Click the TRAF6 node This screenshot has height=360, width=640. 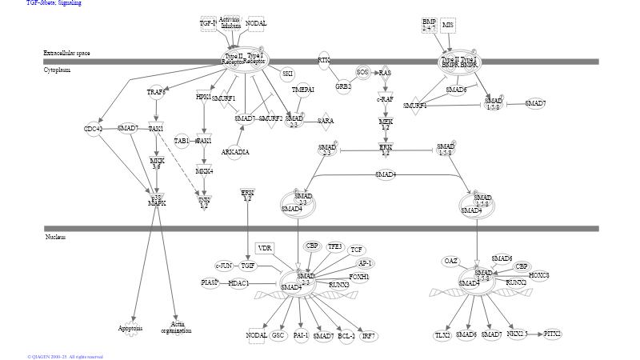coord(156,92)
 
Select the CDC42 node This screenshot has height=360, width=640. coord(94,129)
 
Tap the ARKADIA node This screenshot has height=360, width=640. coord(235,152)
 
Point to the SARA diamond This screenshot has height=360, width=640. coord(325,121)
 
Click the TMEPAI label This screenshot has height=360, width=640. coord(302,90)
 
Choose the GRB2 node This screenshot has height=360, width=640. coord(343,86)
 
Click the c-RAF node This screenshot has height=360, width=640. coord(386,99)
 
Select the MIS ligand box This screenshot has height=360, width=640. coord(448,26)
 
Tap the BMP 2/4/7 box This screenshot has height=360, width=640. coord(430,25)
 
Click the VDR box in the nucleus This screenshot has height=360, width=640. coord(265,249)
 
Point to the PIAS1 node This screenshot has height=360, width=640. coord(210,282)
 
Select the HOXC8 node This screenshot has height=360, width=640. coord(539,275)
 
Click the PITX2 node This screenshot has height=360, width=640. coord(552,334)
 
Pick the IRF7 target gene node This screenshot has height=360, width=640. coord(369,336)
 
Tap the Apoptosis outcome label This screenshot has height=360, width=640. coord(130,328)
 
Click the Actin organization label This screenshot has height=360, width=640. coord(176,327)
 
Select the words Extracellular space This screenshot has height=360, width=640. coord(66,53)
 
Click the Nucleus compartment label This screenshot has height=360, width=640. coord(55,237)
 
